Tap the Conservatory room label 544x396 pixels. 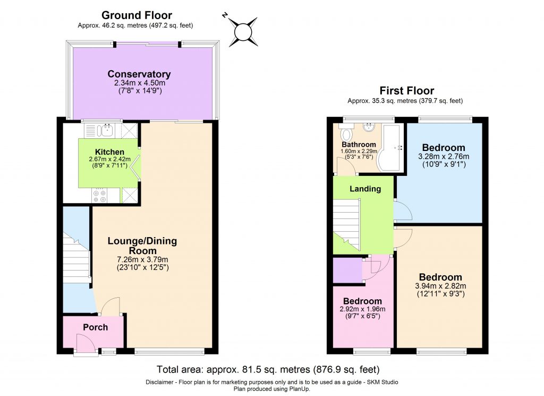139,74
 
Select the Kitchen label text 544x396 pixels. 109,152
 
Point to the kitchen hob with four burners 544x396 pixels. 99,196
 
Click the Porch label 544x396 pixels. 95,327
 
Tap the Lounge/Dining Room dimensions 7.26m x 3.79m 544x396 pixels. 142,259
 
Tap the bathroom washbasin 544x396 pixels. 369,128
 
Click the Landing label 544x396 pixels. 365,189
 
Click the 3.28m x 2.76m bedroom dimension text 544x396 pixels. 443,157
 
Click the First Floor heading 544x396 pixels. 406,90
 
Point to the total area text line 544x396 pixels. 268,369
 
